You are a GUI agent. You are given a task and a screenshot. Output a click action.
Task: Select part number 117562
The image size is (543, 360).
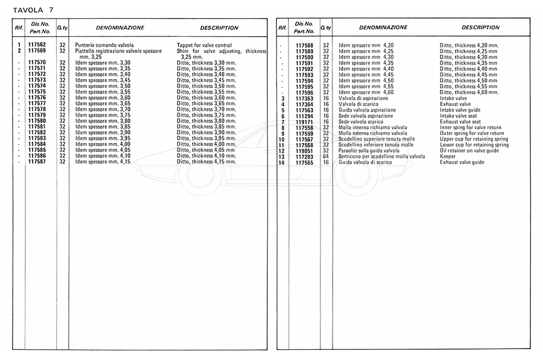pos(37,45)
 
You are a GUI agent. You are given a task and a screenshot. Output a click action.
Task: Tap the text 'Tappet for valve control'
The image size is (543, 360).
pos(204,45)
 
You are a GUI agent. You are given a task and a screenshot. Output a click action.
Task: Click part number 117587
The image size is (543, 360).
pos(37,162)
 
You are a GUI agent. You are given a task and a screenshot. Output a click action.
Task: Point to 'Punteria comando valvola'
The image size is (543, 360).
pos(104,45)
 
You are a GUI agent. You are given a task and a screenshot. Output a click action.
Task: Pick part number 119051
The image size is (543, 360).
pos(304,151)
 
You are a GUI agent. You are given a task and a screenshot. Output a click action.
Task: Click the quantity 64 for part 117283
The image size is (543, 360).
pos(326,157)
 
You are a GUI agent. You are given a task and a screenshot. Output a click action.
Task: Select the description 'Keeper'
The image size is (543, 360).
pos(448,157)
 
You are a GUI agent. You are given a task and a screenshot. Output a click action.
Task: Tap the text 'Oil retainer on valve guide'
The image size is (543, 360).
pos(469,151)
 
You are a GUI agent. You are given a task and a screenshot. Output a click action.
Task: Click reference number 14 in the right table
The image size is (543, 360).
pos(281,163)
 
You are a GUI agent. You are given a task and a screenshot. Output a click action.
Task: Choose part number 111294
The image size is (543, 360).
pos(304,116)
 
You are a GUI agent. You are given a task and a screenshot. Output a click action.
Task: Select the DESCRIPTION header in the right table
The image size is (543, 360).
pos(480,27)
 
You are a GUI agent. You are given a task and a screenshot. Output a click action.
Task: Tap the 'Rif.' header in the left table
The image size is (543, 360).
pos(19,28)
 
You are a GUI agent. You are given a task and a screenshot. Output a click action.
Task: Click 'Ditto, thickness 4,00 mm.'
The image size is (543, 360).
pos(205,144)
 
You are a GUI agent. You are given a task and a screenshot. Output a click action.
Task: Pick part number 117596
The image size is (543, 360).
pos(304,92)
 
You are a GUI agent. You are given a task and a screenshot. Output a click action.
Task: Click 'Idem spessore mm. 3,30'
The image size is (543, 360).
pos(103,63)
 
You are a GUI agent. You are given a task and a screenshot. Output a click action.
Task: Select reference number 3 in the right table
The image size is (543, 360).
pos(282,98)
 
